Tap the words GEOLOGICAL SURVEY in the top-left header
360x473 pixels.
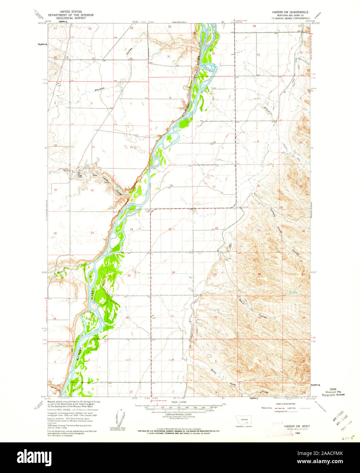67,18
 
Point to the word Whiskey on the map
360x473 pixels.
99,89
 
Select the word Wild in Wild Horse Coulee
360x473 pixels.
95,176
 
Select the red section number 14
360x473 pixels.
92,190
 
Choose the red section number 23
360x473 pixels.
92,233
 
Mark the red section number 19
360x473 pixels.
169,229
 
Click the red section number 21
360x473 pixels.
259,231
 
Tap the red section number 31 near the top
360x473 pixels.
168,56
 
